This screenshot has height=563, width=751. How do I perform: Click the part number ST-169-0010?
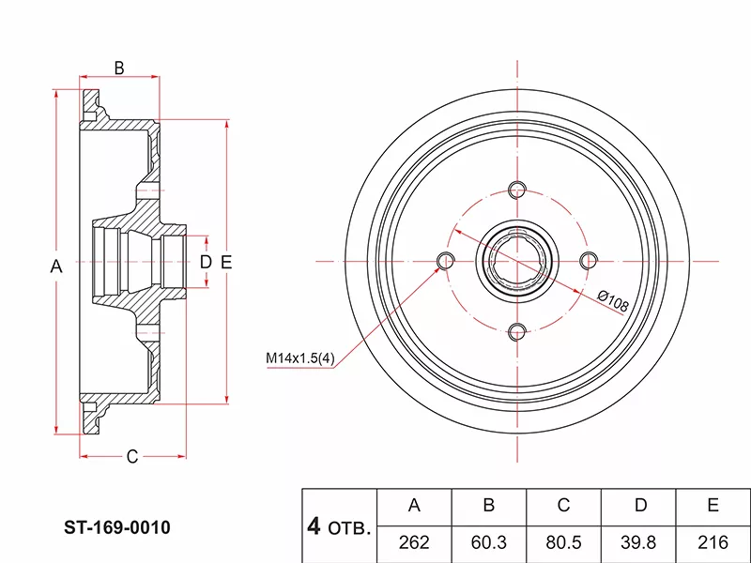point(117,527)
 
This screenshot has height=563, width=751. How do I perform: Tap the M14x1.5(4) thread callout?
point(300,358)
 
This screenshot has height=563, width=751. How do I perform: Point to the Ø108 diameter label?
point(613,301)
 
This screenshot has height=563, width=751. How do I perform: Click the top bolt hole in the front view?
point(517,190)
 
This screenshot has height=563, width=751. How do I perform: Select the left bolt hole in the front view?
point(446,261)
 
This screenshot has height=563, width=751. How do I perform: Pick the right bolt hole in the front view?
point(589,261)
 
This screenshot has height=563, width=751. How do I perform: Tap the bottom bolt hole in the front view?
point(517,332)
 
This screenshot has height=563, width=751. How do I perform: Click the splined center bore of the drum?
point(517,261)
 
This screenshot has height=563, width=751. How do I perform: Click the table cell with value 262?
point(414,542)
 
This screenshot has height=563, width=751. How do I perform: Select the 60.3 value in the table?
point(488,542)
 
